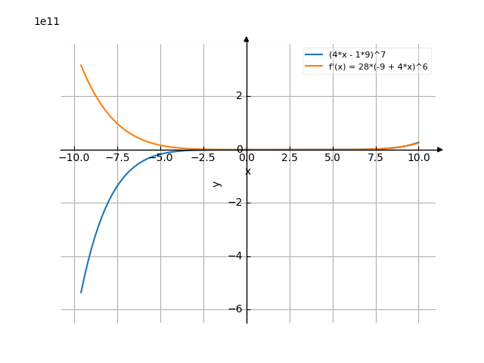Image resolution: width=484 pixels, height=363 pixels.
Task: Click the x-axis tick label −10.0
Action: tap(73, 158)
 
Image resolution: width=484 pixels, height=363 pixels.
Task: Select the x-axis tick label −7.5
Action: tap(116, 158)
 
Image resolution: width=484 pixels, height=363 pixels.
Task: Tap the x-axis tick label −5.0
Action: tap(160, 158)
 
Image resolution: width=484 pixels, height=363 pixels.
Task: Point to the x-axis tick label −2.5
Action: tap(203, 158)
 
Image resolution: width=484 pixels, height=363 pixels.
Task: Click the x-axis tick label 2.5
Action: tap(289, 158)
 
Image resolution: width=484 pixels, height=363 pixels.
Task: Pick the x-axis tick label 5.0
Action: tap(332, 158)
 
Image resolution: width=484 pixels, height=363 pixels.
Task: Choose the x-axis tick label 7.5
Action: tap(375, 158)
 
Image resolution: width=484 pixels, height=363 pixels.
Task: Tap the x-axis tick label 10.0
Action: tap(418, 158)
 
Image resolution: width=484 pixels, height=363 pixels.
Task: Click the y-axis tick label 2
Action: tap(239, 96)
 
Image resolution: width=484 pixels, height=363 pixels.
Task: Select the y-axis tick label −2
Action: tap(236, 203)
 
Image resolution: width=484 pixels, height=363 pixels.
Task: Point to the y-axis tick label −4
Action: tap(236, 256)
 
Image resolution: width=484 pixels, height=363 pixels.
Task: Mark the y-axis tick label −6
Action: tap(236, 309)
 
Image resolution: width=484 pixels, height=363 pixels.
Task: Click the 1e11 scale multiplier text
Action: tap(47, 21)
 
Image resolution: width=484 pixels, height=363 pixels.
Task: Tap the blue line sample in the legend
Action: tap(314, 54)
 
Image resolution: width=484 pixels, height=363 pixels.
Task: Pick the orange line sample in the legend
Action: tap(314, 67)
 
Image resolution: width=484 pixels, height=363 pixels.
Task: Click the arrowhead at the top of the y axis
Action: tap(247, 39)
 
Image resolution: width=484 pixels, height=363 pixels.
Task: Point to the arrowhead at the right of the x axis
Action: tap(440, 150)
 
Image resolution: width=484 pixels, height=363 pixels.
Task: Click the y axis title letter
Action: tap(217, 183)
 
